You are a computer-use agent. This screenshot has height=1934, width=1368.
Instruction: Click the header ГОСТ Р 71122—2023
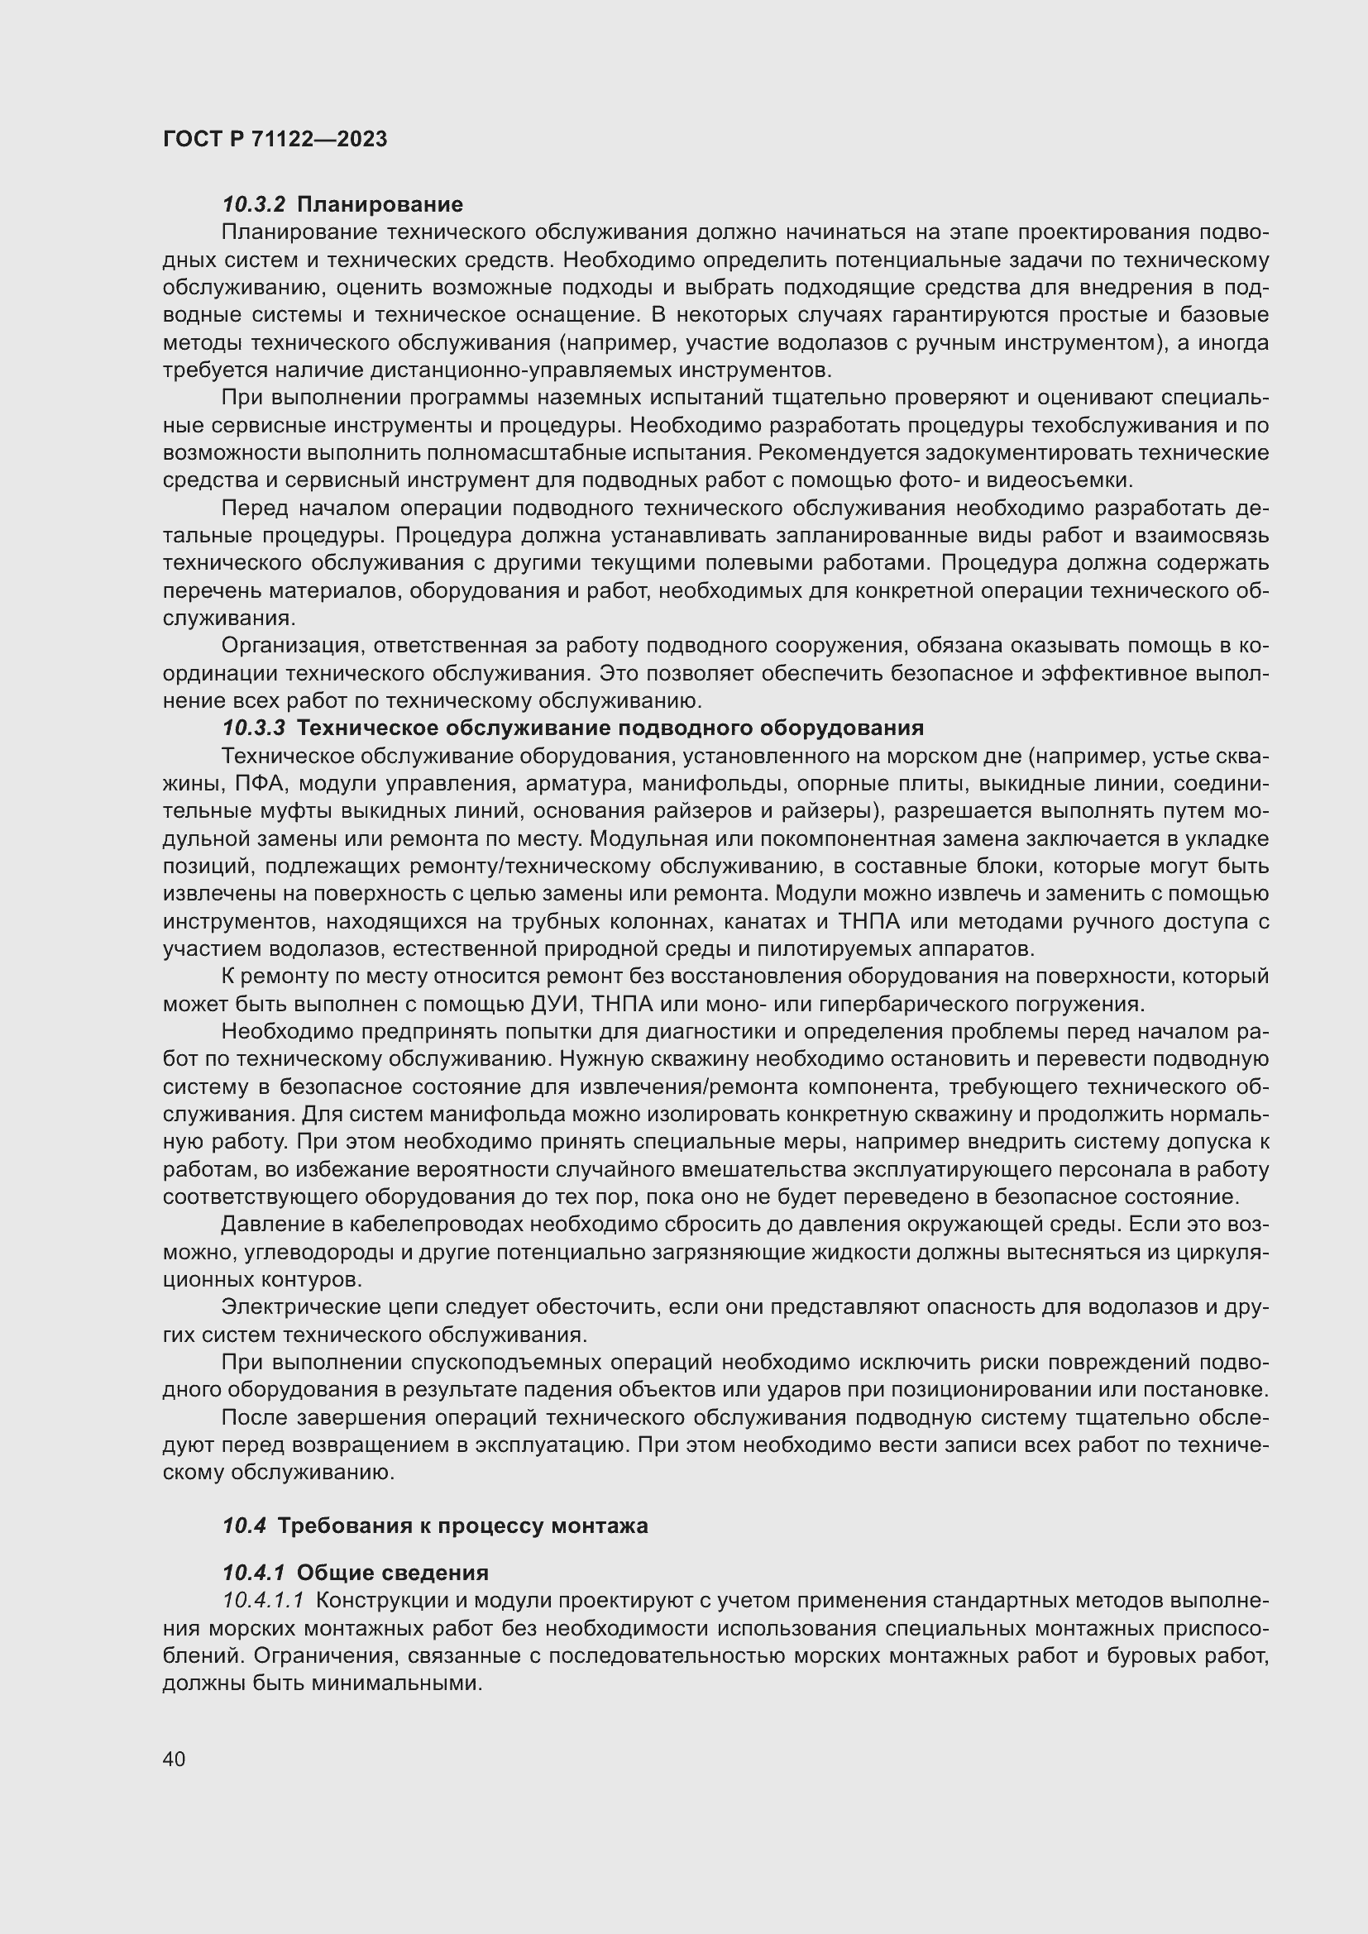275,139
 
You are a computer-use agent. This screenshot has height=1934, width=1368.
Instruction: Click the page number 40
175,1759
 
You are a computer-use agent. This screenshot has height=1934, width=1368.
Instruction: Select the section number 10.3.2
254,204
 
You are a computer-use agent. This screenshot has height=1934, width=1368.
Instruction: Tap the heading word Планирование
380,204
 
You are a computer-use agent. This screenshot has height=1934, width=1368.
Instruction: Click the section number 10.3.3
254,728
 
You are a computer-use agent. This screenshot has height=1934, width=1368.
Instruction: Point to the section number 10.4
244,1526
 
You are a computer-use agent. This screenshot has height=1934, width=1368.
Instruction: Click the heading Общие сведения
393,1573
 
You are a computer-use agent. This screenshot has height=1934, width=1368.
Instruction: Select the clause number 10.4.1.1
263,1601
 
